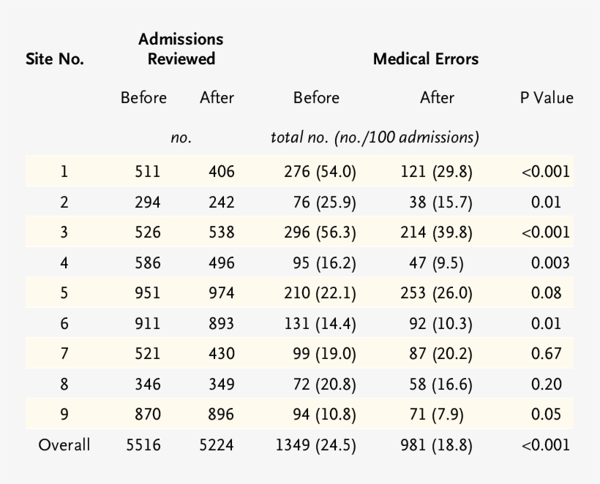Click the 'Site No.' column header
click(x=56, y=59)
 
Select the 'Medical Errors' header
click(x=426, y=59)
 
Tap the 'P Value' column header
click(x=546, y=98)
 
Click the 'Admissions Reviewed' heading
click(x=181, y=49)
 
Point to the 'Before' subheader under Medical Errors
click(x=316, y=98)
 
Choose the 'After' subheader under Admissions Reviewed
click(x=217, y=98)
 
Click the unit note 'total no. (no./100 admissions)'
click(x=375, y=137)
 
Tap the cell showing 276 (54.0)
click(x=320, y=173)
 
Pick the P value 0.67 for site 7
click(x=546, y=354)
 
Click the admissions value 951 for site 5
click(x=147, y=294)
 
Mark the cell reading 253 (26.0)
click(x=437, y=294)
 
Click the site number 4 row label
click(x=64, y=263)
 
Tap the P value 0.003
click(x=546, y=263)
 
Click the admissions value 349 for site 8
click(x=221, y=385)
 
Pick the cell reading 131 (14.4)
click(x=320, y=324)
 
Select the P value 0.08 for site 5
click(x=546, y=294)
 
